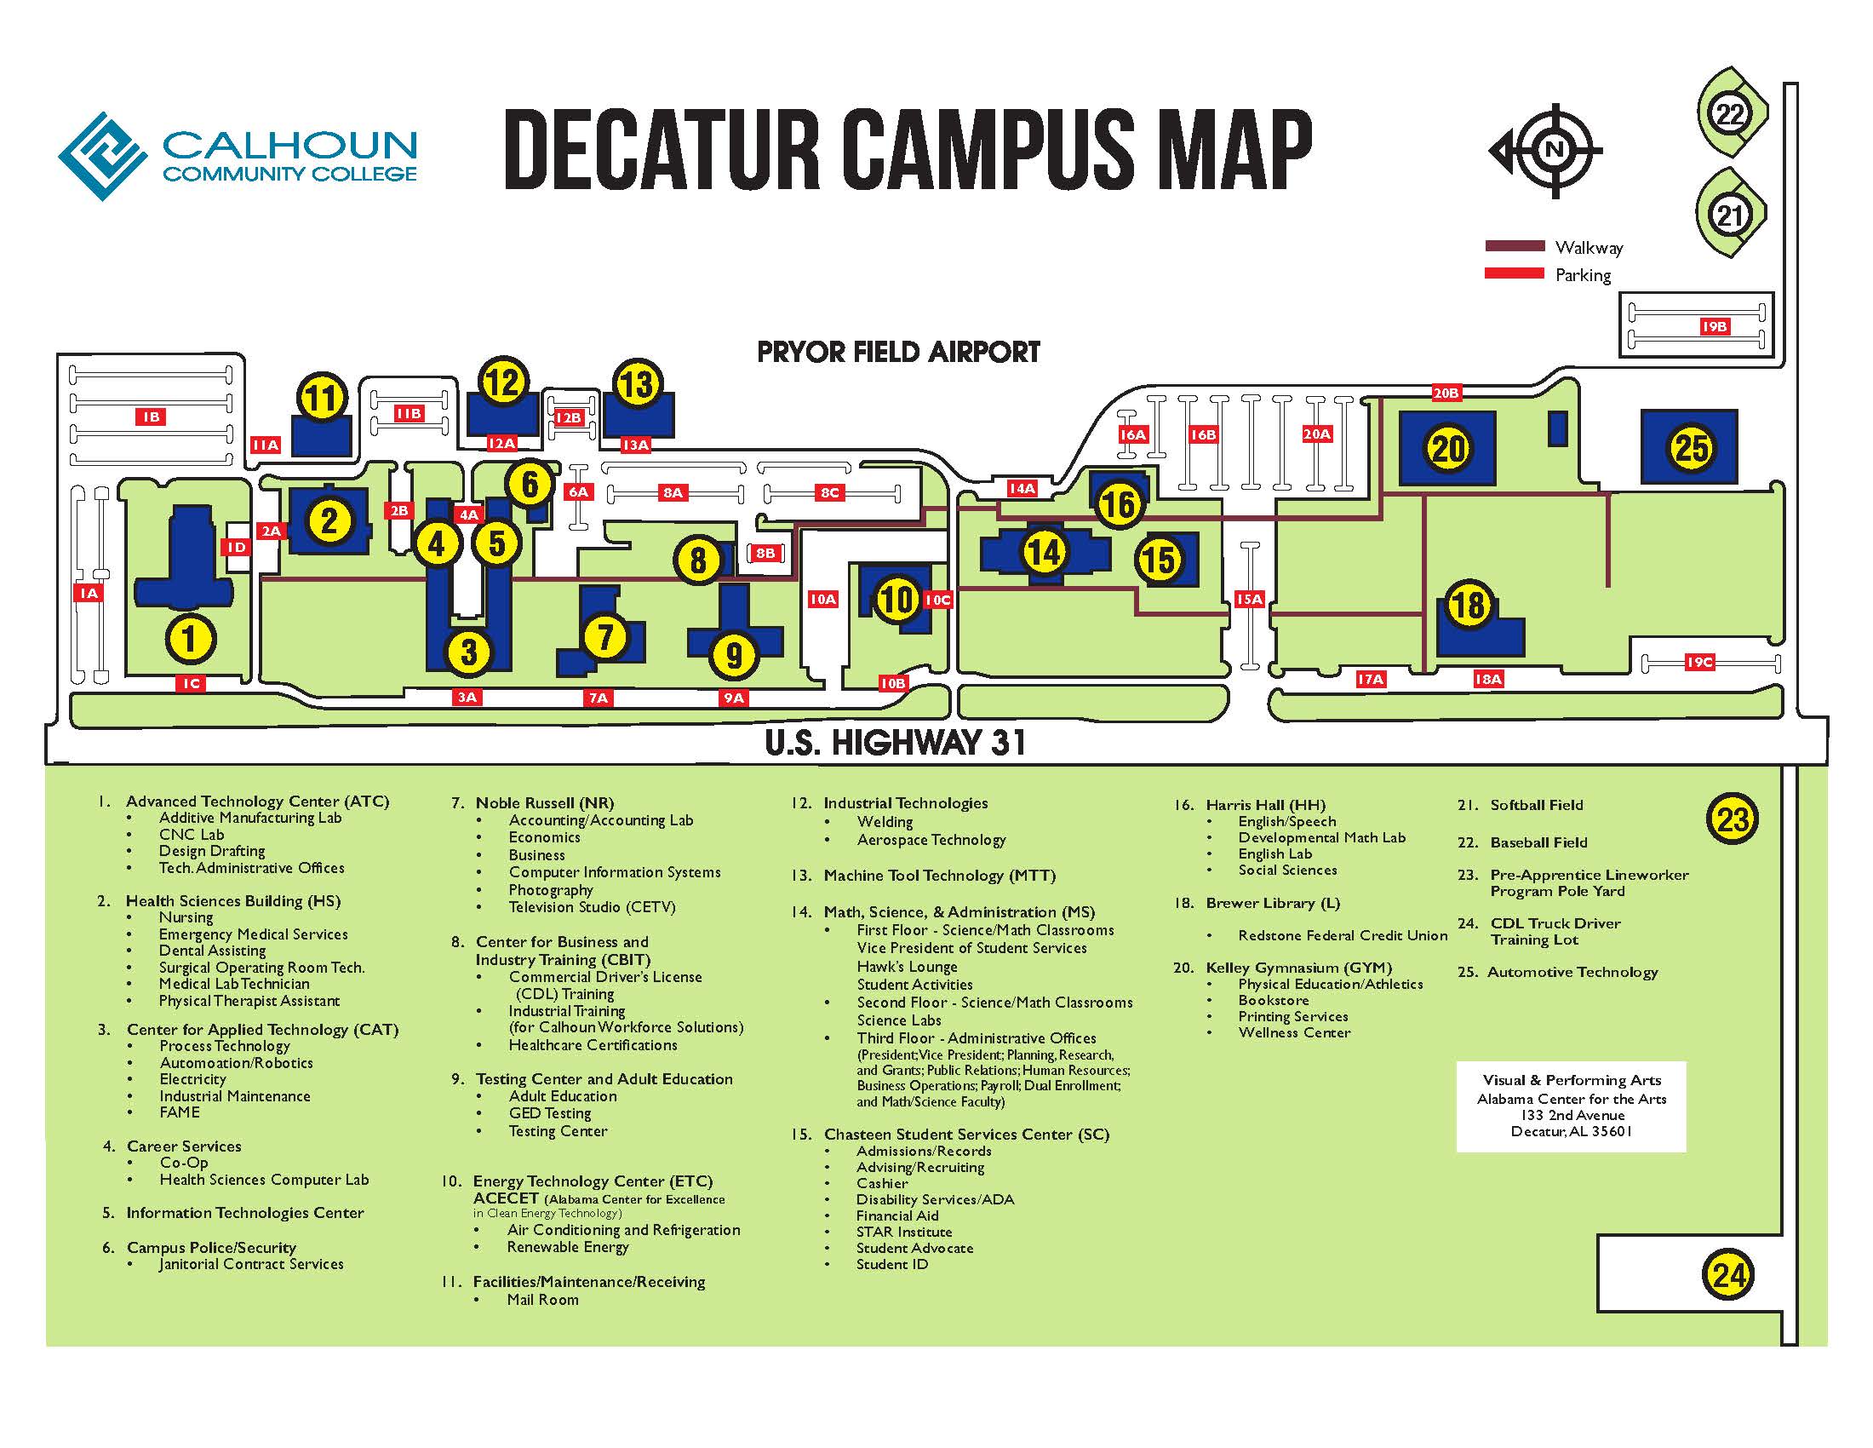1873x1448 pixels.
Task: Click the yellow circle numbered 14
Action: click(x=1044, y=552)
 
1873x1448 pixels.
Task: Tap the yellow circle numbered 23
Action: click(x=1732, y=819)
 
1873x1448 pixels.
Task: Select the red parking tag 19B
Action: click(x=1714, y=327)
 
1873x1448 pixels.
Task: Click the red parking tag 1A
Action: click(x=89, y=593)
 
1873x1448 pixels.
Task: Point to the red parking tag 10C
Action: click(x=937, y=600)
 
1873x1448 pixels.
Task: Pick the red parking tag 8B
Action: click(x=765, y=554)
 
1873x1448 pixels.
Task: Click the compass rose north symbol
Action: click(x=1553, y=151)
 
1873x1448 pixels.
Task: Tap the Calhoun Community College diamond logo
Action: click(x=103, y=156)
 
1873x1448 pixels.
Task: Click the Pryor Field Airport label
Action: click(x=898, y=352)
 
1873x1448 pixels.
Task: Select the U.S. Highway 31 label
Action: click(x=896, y=742)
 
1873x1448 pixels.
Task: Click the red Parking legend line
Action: click(x=1515, y=273)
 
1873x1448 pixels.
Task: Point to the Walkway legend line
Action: click(x=1515, y=247)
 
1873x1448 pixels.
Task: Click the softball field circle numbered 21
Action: click(x=1730, y=215)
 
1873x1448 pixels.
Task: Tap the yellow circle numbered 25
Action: click(x=1690, y=448)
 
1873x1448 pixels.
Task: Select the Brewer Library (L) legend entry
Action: click(x=1272, y=903)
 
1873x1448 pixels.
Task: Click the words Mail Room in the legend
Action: click(x=542, y=1300)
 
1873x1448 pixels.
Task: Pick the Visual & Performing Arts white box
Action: click(x=1570, y=1106)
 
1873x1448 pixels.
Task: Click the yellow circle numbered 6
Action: click(x=530, y=484)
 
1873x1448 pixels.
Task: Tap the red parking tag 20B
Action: click(x=1446, y=393)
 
